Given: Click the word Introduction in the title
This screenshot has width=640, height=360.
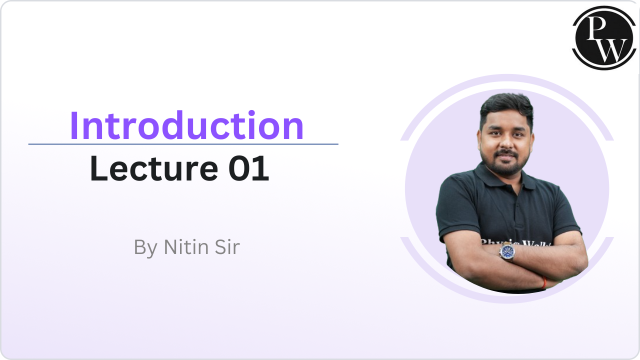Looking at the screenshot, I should [x=186, y=125].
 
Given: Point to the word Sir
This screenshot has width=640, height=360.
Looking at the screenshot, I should [x=225, y=247].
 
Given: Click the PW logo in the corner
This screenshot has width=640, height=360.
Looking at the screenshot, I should [x=604, y=37].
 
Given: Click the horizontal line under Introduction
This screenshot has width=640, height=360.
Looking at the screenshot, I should [x=183, y=144].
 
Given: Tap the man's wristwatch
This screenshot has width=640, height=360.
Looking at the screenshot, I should [x=507, y=251].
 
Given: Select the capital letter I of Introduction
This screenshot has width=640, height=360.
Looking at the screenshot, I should [x=74, y=125].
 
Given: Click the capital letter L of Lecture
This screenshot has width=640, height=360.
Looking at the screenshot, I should [x=98, y=169].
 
